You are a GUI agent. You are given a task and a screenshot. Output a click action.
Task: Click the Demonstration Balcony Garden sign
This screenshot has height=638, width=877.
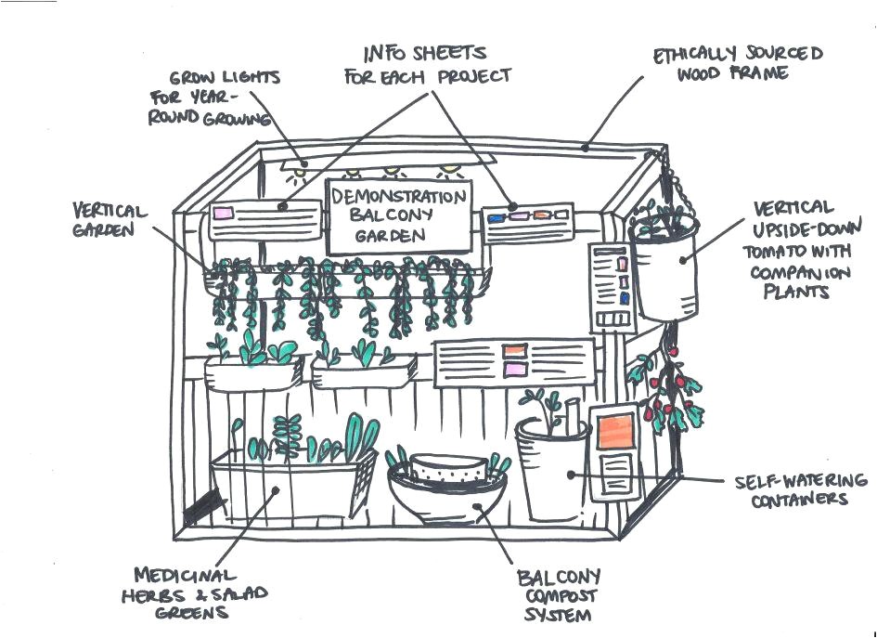[x=398, y=216]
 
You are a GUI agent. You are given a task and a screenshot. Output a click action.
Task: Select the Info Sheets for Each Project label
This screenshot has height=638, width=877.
[x=428, y=64]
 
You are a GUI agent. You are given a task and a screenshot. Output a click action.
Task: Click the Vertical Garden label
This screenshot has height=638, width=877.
[x=109, y=220]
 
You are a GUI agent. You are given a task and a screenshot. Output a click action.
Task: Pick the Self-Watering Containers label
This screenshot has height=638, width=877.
[x=800, y=489]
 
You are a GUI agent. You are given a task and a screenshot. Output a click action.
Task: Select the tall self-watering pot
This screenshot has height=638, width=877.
[x=552, y=474]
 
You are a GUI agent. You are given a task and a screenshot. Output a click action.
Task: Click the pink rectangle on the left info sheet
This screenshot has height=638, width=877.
[x=224, y=213]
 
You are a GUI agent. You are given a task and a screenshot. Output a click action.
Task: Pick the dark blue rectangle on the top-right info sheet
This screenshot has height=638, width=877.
[x=497, y=217]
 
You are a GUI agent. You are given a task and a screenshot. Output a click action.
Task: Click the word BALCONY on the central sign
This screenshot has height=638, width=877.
[x=397, y=215]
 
